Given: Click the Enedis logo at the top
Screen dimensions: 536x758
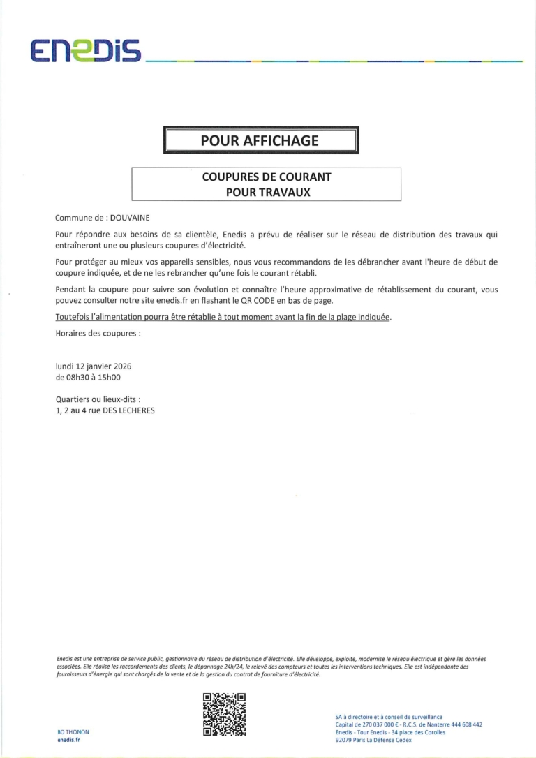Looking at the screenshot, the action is (86, 50).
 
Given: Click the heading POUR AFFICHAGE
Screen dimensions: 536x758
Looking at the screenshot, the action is (260, 140).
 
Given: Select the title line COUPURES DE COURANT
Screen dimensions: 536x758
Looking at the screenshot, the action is (267, 177).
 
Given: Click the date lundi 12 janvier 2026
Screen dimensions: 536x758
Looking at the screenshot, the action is (94, 366).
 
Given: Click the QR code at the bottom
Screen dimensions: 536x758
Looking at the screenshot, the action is (224, 714).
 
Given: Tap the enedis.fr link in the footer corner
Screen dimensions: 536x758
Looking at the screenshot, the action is (69, 739).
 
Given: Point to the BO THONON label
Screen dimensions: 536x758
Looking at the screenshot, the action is (73, 731).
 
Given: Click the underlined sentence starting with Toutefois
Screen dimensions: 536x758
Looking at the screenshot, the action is (223, 318).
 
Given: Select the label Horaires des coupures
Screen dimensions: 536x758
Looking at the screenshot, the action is (98, 333).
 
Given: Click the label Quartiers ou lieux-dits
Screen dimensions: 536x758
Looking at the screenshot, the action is (98, 399).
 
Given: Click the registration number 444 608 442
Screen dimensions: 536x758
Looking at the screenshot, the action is (463, 724).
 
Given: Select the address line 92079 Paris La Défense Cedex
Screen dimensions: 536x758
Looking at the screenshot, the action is (383, 740).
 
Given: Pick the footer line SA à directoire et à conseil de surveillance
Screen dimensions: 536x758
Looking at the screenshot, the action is (389, 717).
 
